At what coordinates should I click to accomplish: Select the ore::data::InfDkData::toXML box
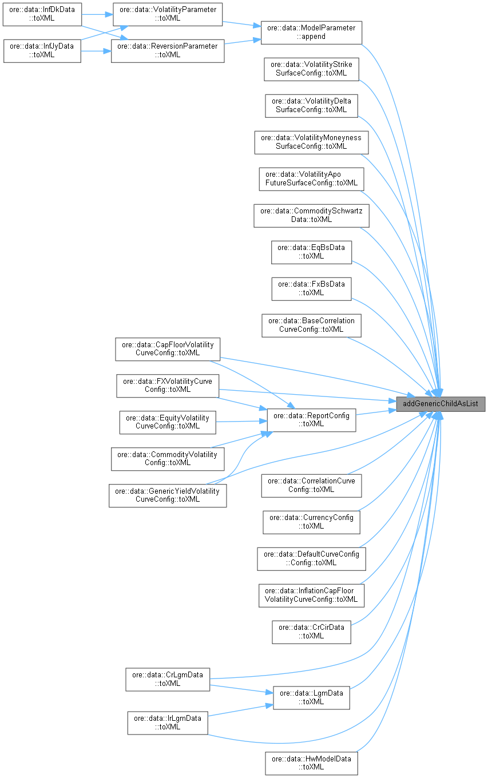tap(41, 13)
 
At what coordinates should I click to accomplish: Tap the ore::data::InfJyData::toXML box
tap(41, 50)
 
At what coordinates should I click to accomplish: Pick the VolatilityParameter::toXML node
tap(167, 13)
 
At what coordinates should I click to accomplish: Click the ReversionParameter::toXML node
tap(167, 50)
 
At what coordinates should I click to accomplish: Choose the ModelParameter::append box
tap(311, 31)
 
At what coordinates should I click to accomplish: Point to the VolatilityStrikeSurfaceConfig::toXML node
tap(311, 69)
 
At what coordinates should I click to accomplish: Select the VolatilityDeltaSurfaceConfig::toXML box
tap(311, 105)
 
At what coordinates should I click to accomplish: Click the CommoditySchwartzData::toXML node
tap(311, 215)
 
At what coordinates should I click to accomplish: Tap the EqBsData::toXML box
tap(311, 252)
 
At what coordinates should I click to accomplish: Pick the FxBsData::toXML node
tap(311, 288)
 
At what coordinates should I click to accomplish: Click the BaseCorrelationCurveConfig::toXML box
tap(311, 325)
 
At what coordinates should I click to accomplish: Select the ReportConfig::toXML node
tap(311, 419)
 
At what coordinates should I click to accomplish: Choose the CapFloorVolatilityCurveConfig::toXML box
tap(167, 348)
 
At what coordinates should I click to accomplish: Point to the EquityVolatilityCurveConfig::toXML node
tap(167, 422)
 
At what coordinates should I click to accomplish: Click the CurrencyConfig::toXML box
tap(311, 522)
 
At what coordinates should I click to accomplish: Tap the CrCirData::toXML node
tap(311, 632)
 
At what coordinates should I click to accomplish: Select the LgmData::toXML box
tap(311, 697)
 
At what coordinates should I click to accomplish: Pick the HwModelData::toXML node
tap(311, 763)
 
